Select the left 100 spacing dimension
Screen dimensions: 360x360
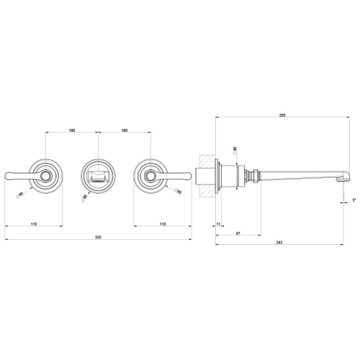coord(72,130)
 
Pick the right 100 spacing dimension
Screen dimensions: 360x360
coord(125,130)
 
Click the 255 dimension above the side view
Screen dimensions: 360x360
coord(282,115)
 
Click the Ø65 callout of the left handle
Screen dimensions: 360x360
coord(22,193)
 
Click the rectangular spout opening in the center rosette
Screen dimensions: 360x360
coord(99,176)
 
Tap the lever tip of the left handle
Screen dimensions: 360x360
coord(9,174)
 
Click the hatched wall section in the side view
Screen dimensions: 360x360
coord(207,174)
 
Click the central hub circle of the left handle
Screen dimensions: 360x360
coord(46,175)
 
